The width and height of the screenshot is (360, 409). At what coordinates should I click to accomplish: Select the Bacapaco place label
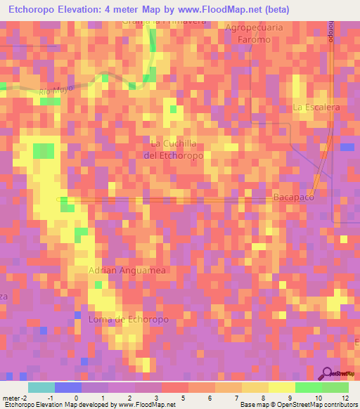tap(293, 197)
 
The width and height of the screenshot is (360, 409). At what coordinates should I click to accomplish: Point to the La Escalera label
tap(316, 108)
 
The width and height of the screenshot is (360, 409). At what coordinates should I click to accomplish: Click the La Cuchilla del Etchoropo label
tap(173, 149)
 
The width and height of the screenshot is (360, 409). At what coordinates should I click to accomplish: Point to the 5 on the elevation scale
tap(184, 397)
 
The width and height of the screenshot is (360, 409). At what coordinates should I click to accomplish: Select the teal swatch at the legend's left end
tap(41, 387)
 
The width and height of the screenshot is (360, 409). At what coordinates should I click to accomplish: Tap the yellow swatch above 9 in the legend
tap(281, 387)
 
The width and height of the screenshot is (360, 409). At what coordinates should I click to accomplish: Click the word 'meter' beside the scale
tap(11, 397)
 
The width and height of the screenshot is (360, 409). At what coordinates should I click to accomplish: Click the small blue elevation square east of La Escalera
tap(347, 147)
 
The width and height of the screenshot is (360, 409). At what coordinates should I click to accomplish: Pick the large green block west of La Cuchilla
tap(44, 150)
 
